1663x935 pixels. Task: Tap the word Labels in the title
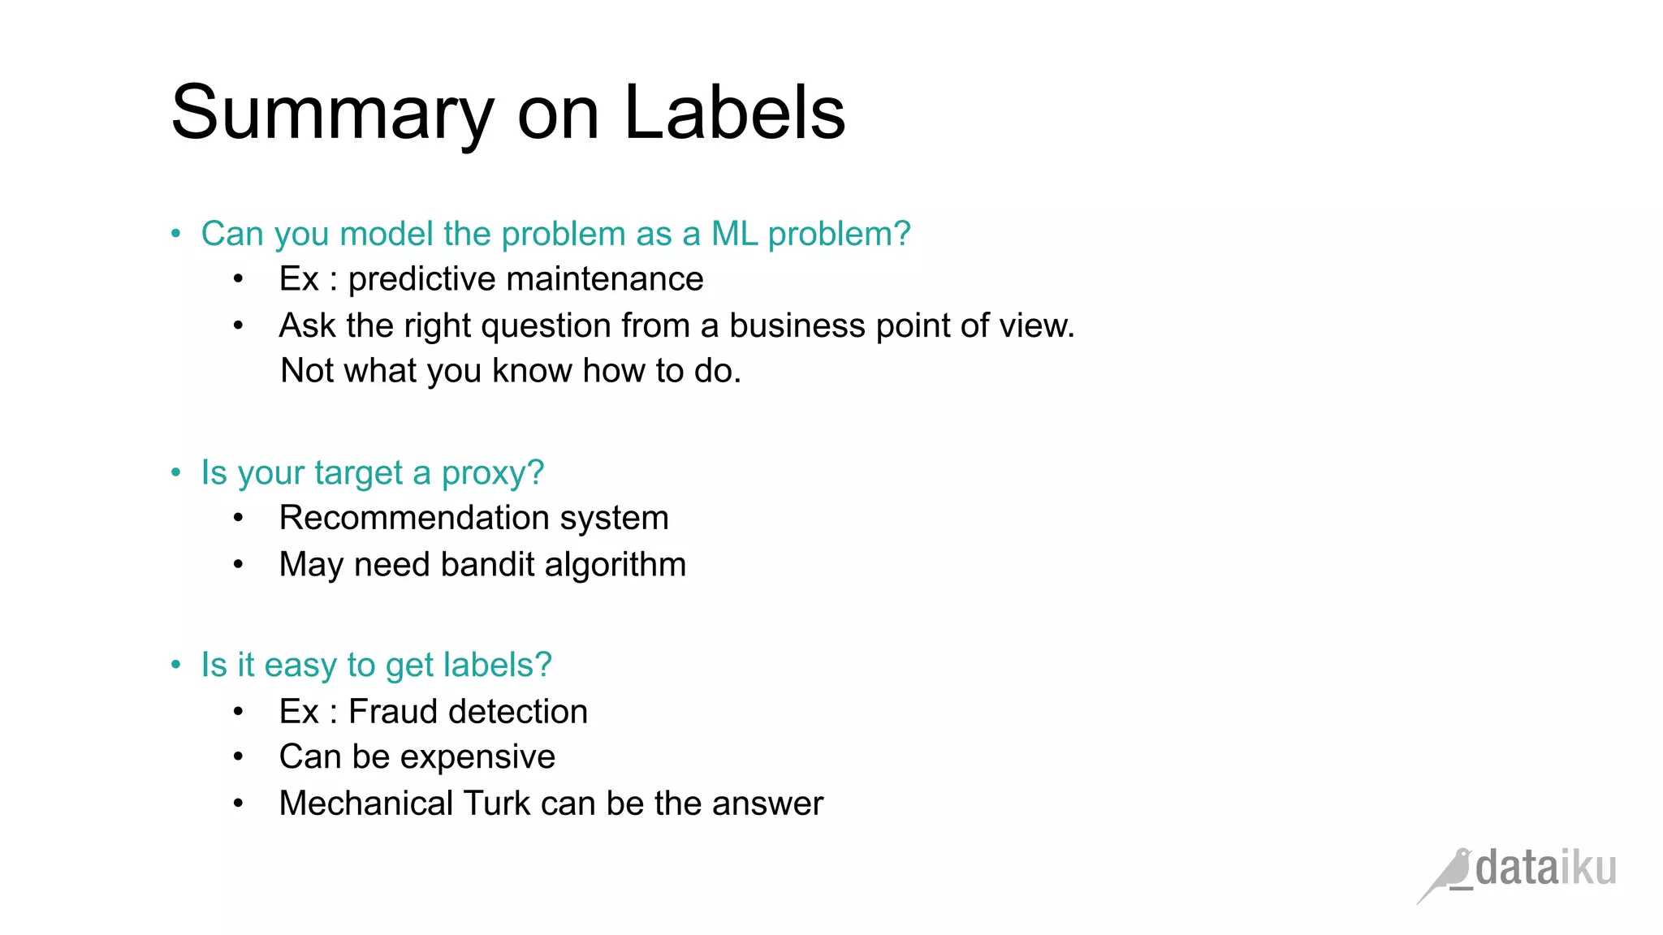click(734, 114)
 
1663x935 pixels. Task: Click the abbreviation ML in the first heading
click(734, 234)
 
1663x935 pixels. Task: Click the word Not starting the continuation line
click(307, 371)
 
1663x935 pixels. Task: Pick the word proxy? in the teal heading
click(492, 472)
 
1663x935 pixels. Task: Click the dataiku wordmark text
click(1545, 868)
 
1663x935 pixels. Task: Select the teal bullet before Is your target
click(176, 472)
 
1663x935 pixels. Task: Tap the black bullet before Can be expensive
click(238, 757)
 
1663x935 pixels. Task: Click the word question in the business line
click(546, 325)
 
